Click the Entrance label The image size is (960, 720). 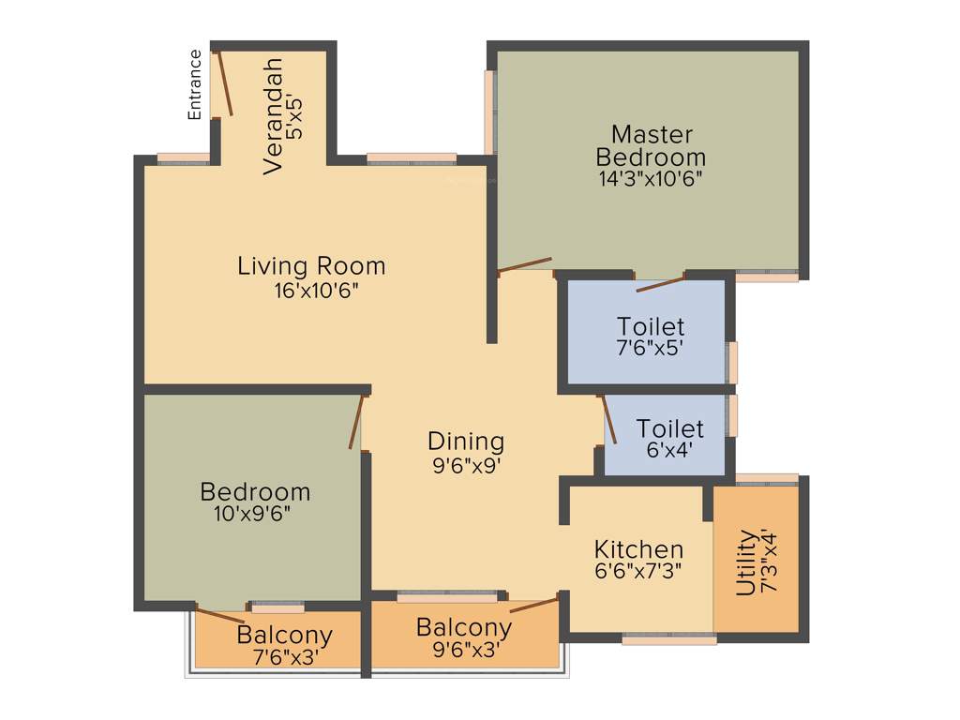195,83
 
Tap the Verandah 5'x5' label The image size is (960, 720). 283,115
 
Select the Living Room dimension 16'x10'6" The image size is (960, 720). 311,291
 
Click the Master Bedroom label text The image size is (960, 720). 651,145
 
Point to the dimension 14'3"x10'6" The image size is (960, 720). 651,177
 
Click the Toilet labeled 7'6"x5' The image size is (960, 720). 651,336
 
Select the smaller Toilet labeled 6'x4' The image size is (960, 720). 669,438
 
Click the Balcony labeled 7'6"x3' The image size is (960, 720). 284,645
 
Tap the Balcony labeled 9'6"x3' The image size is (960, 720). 464,637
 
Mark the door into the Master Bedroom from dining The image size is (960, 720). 524,264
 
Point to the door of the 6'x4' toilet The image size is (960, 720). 608,418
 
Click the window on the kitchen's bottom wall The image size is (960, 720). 669,638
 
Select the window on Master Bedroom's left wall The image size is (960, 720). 488,112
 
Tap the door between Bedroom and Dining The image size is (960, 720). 356,421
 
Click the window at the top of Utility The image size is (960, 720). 766,480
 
